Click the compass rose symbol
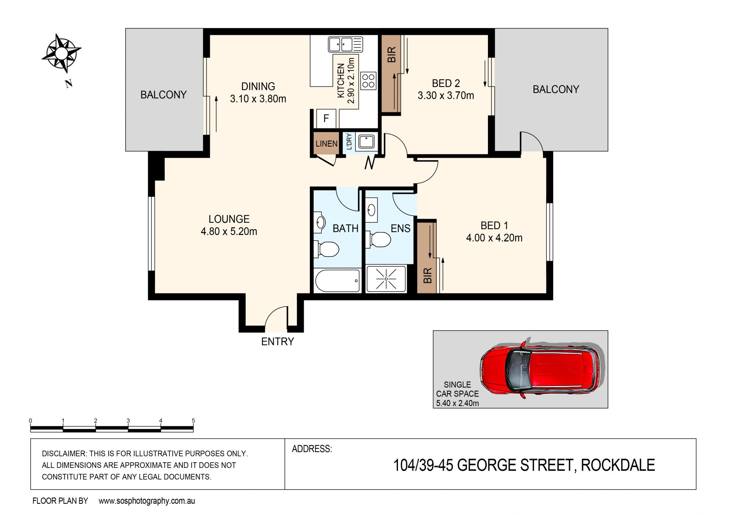point(61,53)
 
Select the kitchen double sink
point(345,44)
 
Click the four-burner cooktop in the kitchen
point(368,81)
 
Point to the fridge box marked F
point(326,118)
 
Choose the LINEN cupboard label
point(327,143)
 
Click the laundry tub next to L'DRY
point(366,142)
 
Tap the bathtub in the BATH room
point(337,281)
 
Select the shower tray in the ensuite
point(386,279)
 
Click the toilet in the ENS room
point(379,240)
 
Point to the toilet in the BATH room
point(327,249)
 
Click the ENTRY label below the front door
point(278,342)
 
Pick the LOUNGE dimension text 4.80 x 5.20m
point(229,231)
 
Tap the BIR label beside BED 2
point(391,55)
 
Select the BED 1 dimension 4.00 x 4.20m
point(494,238)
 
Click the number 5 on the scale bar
point(193,421)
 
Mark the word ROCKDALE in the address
point(618,465)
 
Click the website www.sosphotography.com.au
point(147,501)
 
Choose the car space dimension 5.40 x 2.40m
point(458,403)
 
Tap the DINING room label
point(258,87)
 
